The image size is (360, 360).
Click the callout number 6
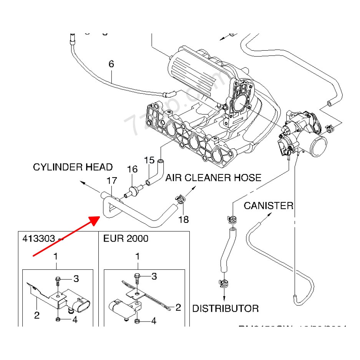(111, 64)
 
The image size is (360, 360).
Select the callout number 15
(149, 160)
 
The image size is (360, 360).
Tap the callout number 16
(132, 169)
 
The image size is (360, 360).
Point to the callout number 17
(111, 180)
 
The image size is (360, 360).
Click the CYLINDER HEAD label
(73, 167)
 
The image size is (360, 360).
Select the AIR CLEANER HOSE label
(213, 178)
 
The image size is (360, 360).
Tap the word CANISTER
(268, 206)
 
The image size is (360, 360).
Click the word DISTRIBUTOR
(225, 308)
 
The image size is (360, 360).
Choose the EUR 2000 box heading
(126, 239)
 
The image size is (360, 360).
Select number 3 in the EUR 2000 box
(154, 276)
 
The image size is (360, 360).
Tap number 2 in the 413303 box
(36, 315)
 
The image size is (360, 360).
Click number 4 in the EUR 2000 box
(154, 320)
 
